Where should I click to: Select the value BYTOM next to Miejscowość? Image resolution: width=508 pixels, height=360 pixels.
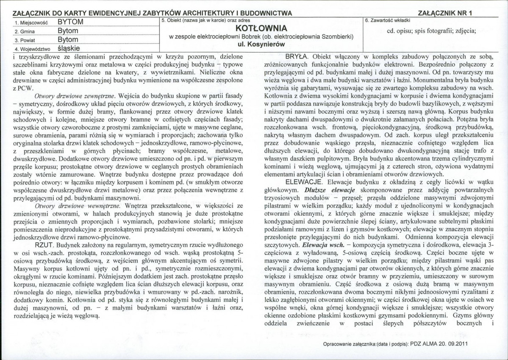tap(70, 22)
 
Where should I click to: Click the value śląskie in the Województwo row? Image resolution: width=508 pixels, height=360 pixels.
tap(69, 48)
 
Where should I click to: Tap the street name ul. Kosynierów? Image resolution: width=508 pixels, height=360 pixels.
tap(261, 44)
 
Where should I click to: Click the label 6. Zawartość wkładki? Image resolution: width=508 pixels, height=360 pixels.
tap(387, 20)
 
